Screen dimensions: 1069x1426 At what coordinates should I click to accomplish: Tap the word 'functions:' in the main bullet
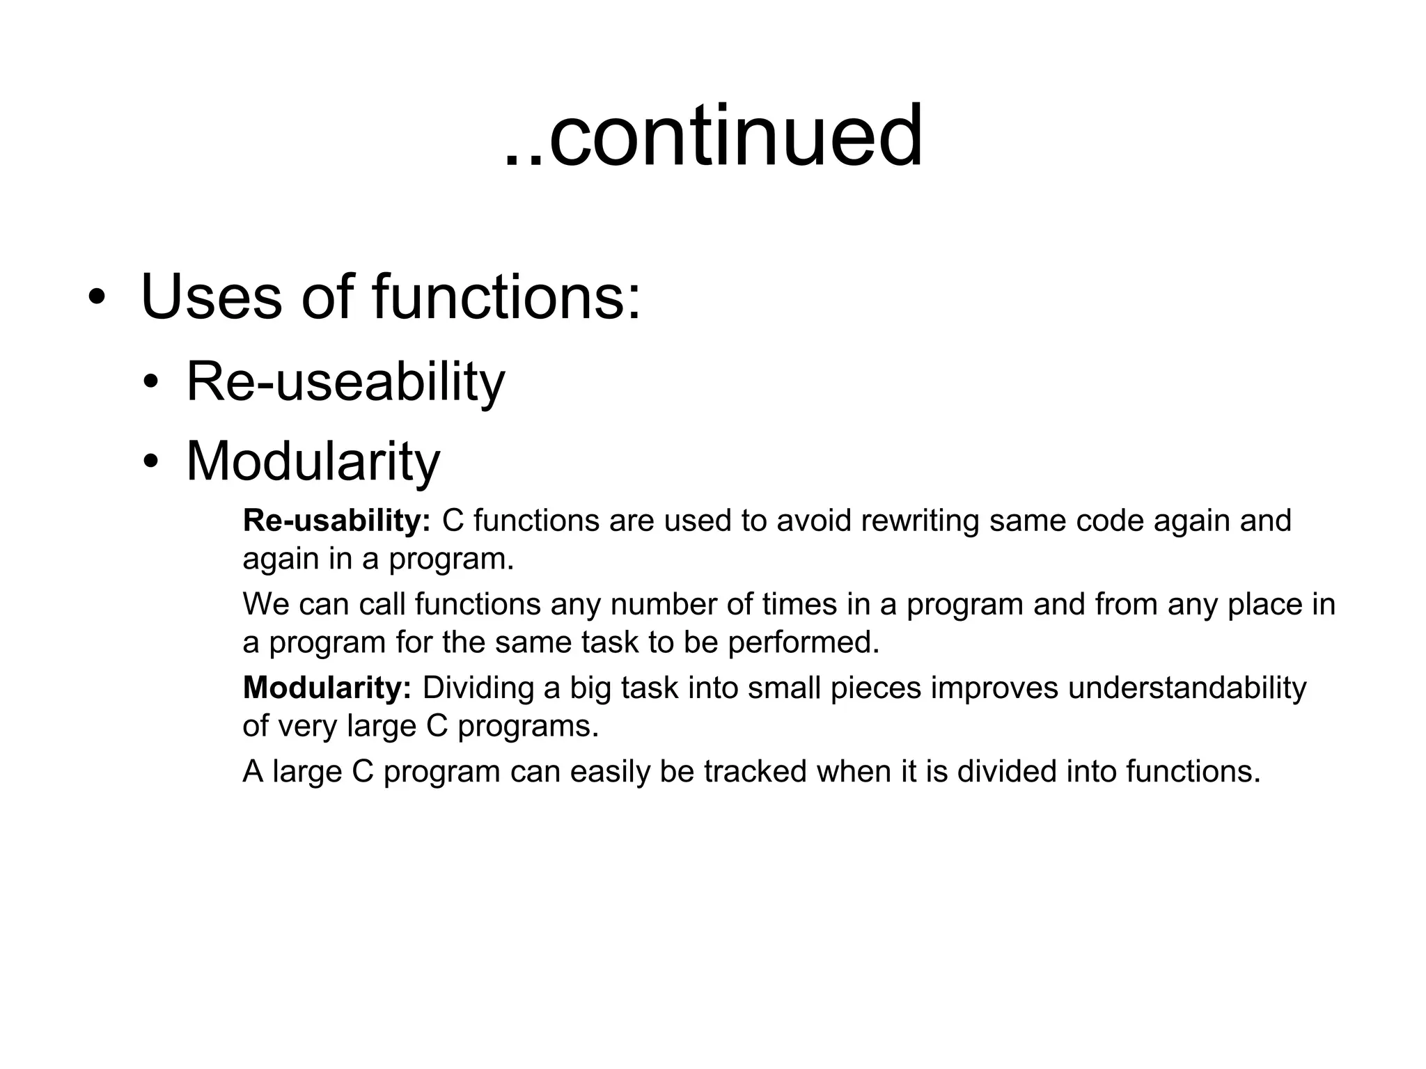(506, 297)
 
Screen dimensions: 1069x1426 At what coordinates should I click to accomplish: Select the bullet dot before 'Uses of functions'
(97, 299)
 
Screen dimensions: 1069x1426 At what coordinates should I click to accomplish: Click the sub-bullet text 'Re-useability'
(345, 382)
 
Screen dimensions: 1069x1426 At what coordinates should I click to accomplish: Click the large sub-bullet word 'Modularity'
(313, 461)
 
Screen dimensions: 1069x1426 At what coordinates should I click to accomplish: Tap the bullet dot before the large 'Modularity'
(151, 461)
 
